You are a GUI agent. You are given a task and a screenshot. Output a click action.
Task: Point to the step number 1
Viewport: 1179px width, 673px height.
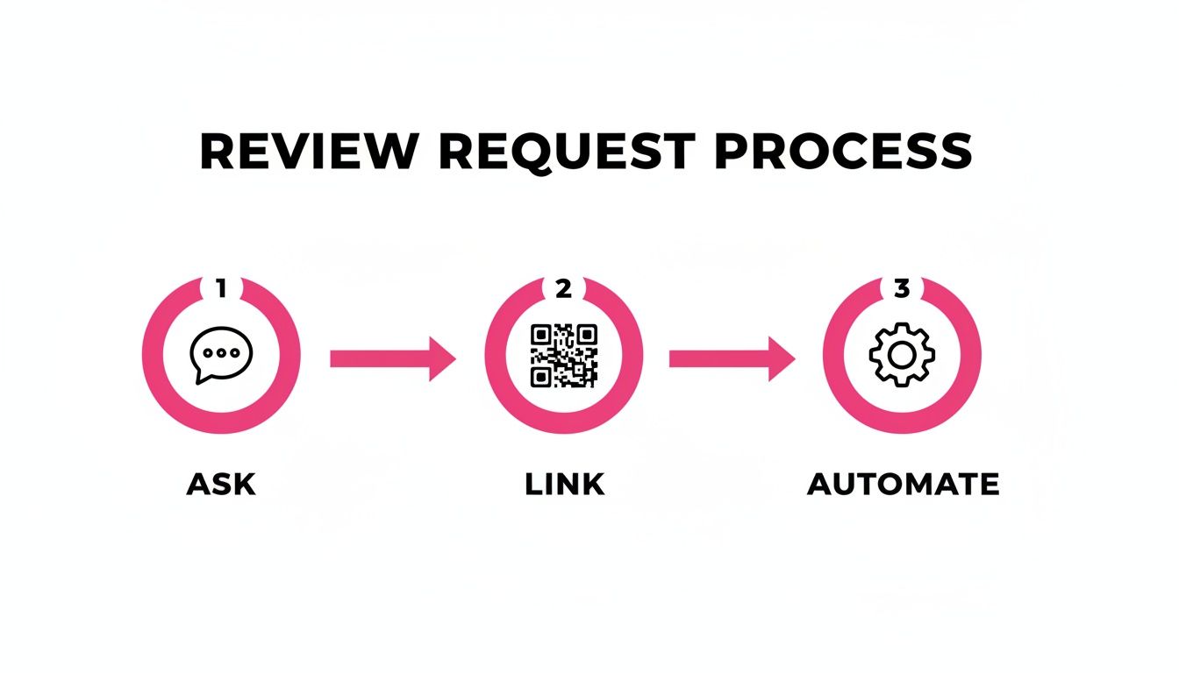pyautogui.click(x=221, y=287)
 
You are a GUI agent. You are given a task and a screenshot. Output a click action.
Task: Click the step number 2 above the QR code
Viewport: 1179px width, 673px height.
pyautogui.click(x=563, y=287)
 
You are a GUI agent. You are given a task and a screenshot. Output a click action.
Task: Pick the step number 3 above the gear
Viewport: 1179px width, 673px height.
pyautogui.click(x=902, y=287)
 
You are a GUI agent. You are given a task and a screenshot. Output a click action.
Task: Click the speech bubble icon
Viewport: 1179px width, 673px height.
pyautogui.click(x=221, y=354)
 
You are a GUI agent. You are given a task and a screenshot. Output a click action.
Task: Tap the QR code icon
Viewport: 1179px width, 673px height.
pyautogui.click(x=563, y=355)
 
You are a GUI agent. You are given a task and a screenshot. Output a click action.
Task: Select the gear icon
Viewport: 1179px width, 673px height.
pyautogui.click(x=902, y=354)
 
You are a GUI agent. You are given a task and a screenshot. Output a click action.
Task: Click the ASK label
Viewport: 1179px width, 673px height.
pyautogui.click(x=221, y=485)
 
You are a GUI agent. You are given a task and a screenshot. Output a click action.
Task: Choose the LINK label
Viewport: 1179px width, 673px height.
pyautogui.click(x=564, y=485)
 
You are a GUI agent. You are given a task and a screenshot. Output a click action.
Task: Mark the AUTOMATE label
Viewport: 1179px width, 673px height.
pyautogui.click(x=903, y=485)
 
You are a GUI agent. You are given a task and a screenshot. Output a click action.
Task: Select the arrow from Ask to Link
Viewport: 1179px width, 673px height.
pyautogui.click(x=392, y=358)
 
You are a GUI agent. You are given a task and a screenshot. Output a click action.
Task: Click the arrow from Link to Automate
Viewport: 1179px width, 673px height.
pyautogui.click(x=732, y=358)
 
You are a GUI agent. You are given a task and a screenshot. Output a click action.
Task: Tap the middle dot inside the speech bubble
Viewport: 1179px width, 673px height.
pyautogui.click(x=221, y=351)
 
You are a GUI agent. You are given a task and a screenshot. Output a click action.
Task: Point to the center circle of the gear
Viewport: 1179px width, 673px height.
pyautogui.click(x=902, y=354)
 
